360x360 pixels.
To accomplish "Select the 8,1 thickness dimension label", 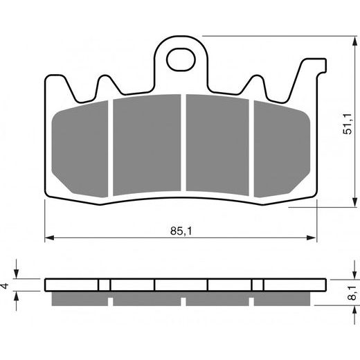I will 351,290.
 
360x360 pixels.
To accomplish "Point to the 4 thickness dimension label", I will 6,285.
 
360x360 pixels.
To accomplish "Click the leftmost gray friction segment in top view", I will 82,146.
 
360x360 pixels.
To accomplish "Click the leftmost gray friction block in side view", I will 80,298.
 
